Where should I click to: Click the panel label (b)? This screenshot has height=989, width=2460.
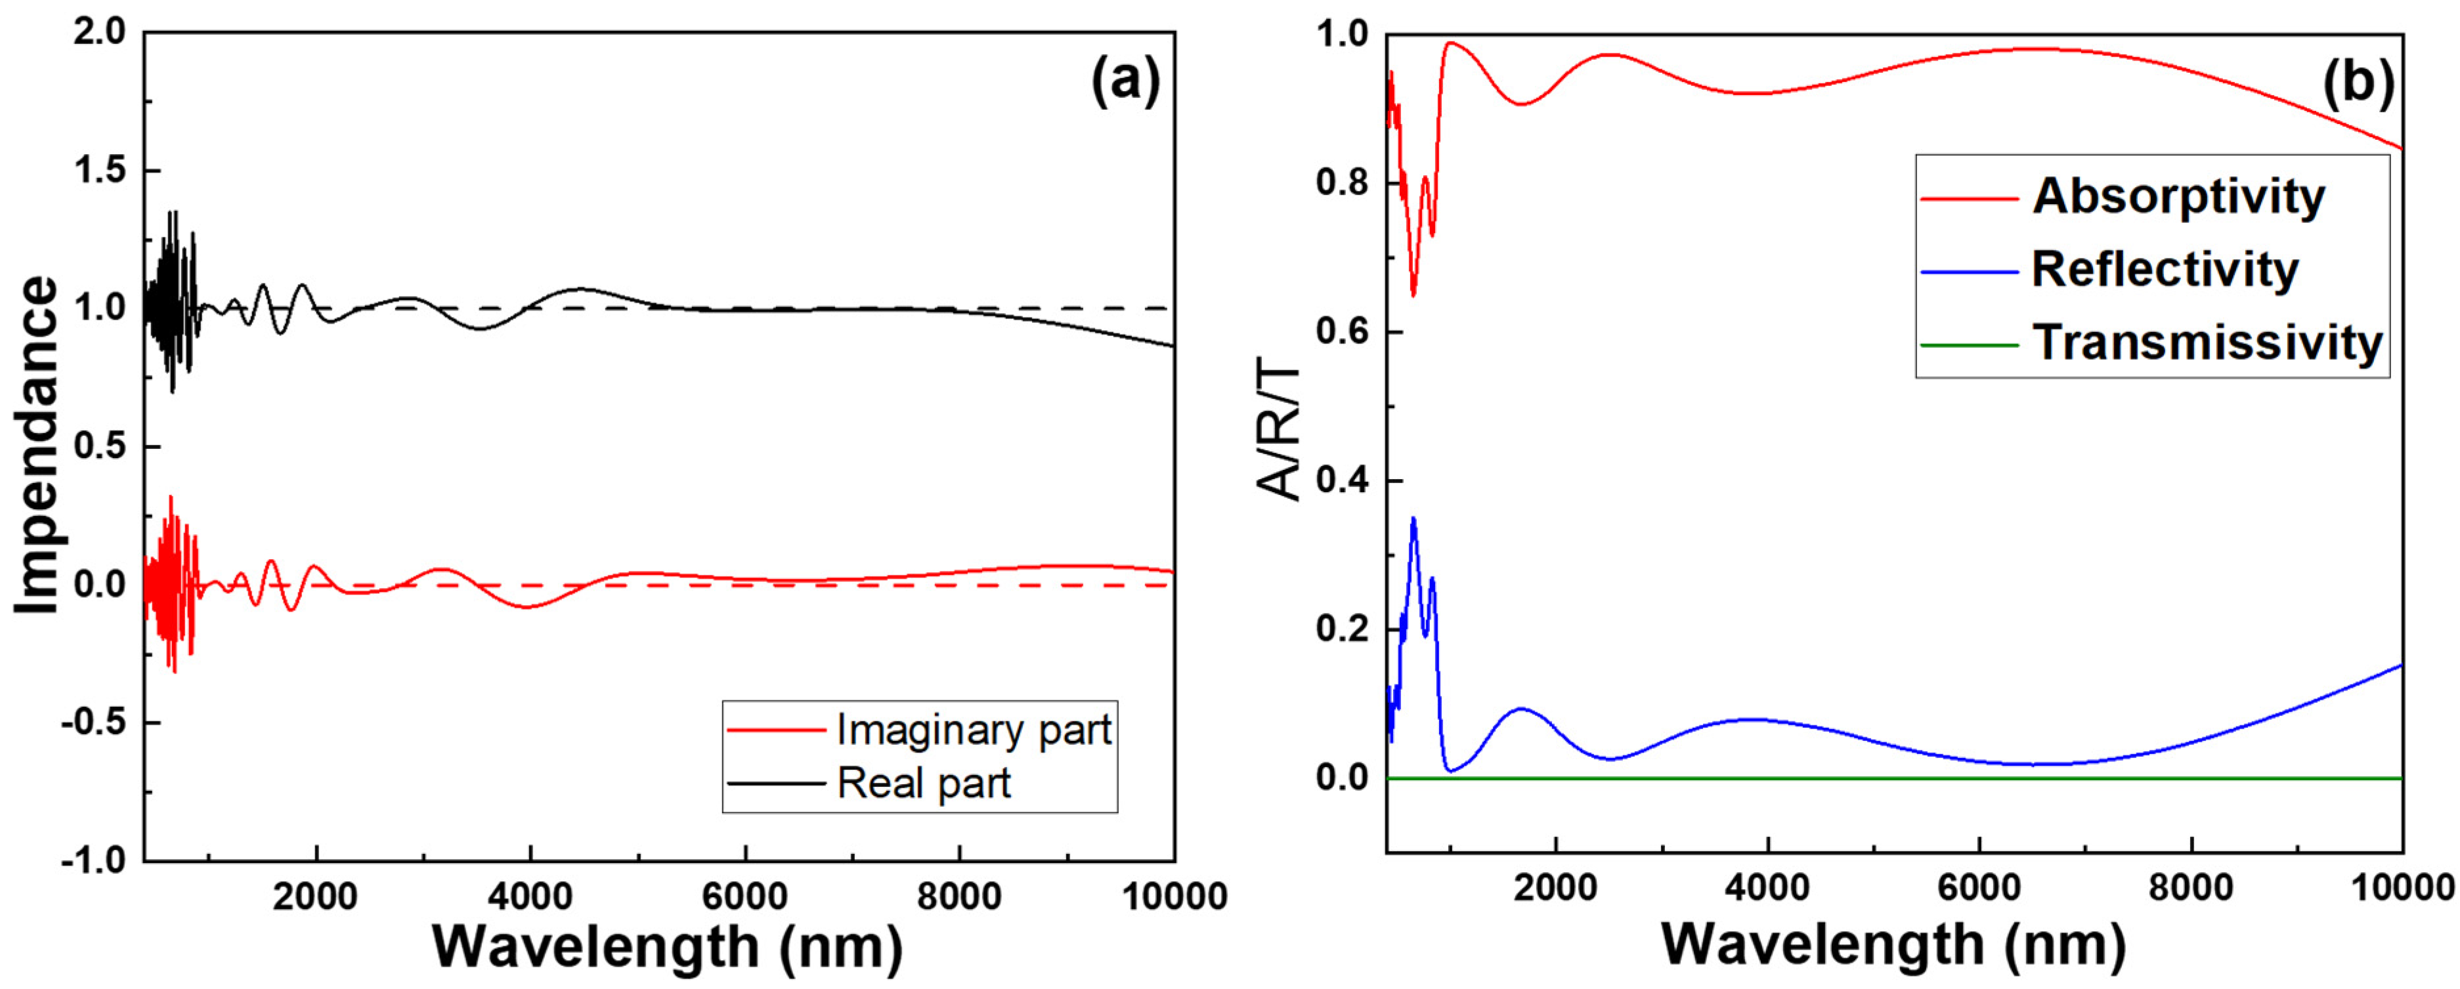(2357, 81)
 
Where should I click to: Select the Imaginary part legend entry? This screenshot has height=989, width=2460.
(973, 730)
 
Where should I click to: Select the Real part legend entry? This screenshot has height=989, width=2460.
(922, 784)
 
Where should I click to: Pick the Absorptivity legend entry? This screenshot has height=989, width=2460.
(2177, 197)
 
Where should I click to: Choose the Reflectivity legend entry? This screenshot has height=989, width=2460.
(2164, 270)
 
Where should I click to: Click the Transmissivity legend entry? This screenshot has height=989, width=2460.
(2206, 343)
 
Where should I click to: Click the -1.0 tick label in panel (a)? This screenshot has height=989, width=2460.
(94, 861)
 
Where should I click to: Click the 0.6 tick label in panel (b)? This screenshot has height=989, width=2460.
(1342, 332)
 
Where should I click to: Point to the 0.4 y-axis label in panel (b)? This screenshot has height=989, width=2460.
(1342, 481)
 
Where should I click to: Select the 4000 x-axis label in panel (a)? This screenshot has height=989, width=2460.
(529, 897)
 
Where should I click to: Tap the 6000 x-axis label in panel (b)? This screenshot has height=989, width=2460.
(1979, 888)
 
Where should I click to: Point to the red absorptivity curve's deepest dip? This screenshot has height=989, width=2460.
(1413, 295)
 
